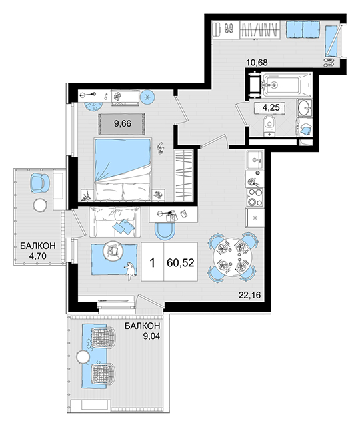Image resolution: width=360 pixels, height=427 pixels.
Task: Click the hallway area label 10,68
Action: tap(257, 63)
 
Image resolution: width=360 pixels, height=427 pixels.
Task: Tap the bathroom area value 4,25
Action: tap(271, 107)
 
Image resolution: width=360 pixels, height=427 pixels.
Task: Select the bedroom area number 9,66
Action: tap(123, 124)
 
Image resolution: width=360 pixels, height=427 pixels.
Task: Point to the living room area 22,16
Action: tap(249, 295)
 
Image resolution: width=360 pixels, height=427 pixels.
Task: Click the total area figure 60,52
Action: tap(181, 262)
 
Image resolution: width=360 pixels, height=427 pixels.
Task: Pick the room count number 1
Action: tap(153, 263)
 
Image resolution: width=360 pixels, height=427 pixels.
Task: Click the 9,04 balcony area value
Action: tap(151, 336)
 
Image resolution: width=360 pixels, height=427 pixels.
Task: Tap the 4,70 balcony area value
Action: tap(38, 256)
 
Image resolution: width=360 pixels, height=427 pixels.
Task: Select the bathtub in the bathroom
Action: tap(287, 85)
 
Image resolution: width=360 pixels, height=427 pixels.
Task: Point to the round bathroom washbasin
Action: tap(305, 108)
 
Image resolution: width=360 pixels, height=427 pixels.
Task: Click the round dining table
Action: tap(232, 256)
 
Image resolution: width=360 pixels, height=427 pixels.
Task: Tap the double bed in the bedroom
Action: tap(123, 170)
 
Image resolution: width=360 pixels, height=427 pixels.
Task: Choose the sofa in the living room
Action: tap(115, 222)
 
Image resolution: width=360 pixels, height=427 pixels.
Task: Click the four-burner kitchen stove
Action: tap(255, 197)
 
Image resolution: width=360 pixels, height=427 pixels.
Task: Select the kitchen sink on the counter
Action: tap(255, 159)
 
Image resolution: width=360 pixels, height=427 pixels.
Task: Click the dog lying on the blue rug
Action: tap(131, 270)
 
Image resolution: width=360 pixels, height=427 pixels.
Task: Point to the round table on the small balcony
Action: tap(40, 205)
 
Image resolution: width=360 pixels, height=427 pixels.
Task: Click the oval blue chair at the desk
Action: tap(165, 232)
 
